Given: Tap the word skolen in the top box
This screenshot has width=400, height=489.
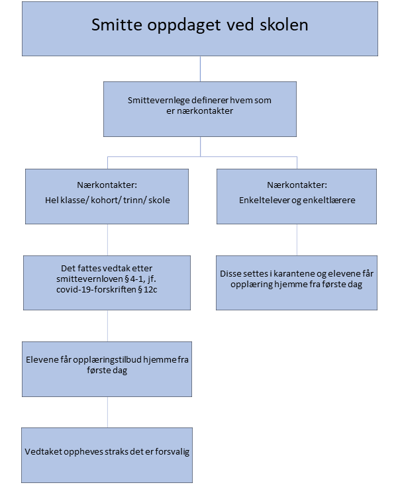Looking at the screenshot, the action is [284, 24].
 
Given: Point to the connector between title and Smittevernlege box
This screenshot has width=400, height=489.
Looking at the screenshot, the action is [200, 69].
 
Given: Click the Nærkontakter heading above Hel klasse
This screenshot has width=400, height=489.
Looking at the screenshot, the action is [107, 185].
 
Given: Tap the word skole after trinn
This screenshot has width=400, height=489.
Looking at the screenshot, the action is [159, 200].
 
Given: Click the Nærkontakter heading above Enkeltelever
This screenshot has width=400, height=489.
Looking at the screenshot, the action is [297, 185].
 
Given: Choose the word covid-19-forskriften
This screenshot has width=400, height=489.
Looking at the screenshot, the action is [96, 289].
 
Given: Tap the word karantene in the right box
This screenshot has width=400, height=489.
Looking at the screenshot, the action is [294, 274].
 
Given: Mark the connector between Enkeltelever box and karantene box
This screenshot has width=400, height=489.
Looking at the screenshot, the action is [297, 240].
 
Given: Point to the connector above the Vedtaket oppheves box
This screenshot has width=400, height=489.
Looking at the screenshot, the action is [108, 412].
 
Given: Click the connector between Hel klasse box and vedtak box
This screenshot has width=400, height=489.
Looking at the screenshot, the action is [108, 240].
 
